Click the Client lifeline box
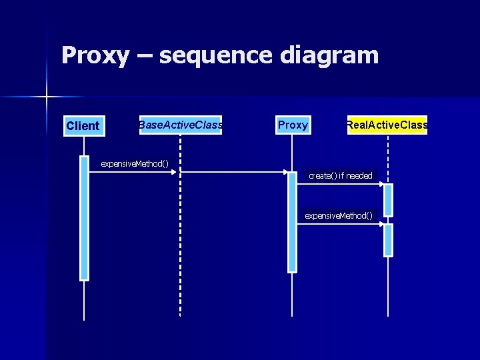coord(84,125)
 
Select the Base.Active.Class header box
coord(180,125)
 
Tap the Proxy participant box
coord(293,125)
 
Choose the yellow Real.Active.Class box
coord(387,125)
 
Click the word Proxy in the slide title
coord(95,55)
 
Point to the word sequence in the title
coord(216,56)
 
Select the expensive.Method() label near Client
coord(134,163)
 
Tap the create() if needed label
coord(340,175)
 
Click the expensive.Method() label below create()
coord(339,215)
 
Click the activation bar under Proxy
coord(292,221)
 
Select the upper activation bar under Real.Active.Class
coord(388,199)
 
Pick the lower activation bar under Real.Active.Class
coord(388,240)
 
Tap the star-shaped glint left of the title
coord(47,97)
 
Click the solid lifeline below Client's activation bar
coord(84,300)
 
